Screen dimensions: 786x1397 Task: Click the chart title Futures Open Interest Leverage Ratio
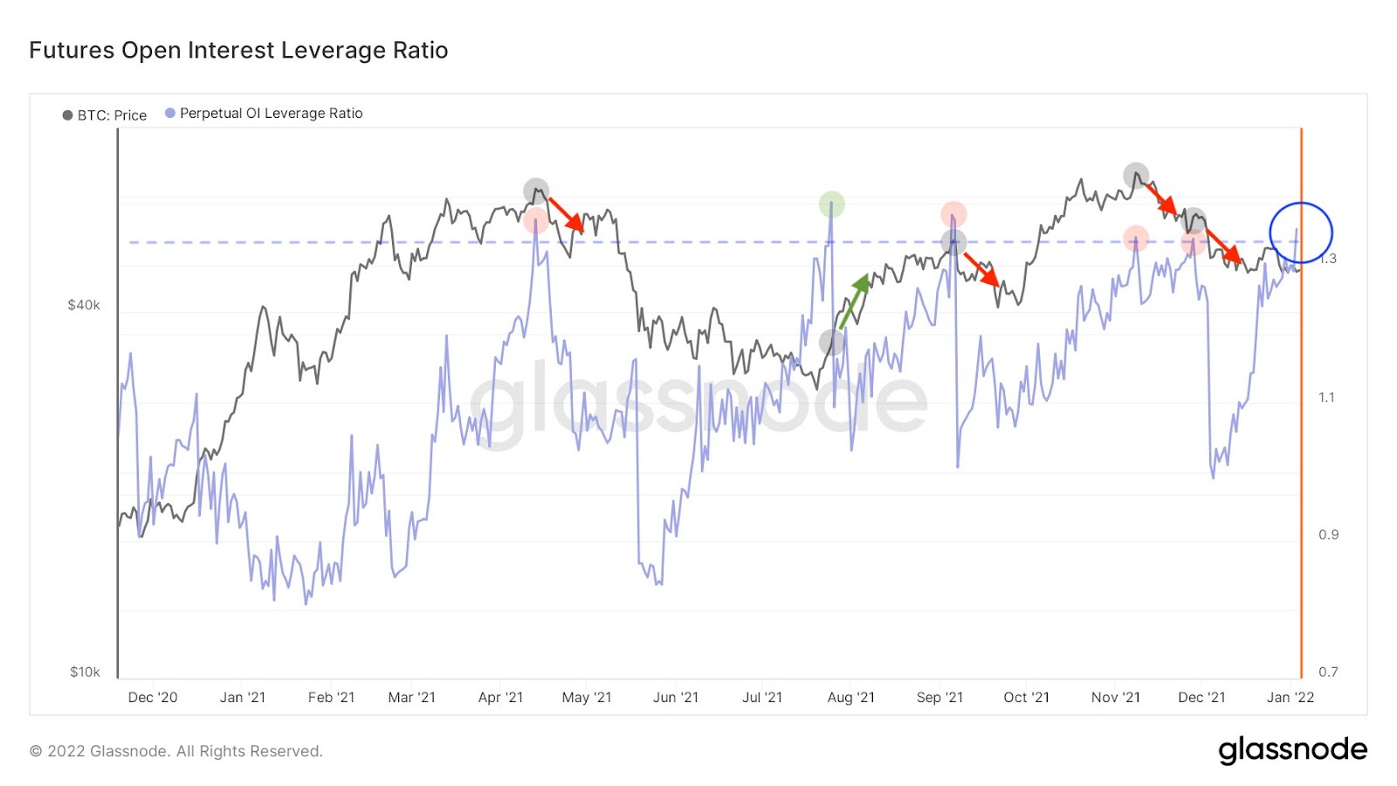click(238, 51)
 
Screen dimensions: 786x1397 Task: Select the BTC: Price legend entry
click(105, 115)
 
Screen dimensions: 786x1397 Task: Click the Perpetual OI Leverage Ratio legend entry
click(264, 114)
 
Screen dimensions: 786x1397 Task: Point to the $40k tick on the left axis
click(84, 305)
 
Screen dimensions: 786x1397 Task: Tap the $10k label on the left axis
click(85, 672)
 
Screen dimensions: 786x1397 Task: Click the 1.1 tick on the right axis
click(1326, 397)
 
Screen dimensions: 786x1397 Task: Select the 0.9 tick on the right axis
click(1328, 534)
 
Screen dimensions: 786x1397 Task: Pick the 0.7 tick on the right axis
click(1328, 672)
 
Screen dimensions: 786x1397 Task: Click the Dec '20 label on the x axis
click(153, 697)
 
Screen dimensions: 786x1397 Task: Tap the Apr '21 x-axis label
click(500, 697)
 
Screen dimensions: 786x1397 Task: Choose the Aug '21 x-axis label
click(850, 697)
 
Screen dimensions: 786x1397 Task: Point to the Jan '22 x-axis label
click(1290, 697)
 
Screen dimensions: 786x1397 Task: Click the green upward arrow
click(854, 301)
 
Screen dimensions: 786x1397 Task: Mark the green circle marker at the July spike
click(832, 204)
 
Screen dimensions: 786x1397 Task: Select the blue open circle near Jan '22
click(1301, 232)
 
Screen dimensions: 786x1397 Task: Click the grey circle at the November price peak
click(1136, 175)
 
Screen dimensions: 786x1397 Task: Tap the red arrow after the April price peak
click(566, 214)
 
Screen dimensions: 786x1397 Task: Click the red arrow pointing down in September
click(981, 269)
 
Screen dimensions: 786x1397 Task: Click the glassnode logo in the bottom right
click(1292, 750)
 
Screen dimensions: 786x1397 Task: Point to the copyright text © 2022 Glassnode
click(176, 751)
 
